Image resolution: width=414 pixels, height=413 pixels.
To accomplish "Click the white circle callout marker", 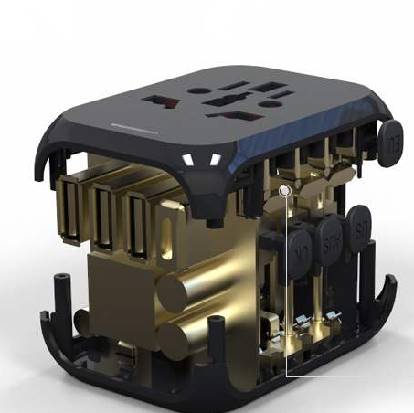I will point(285,191).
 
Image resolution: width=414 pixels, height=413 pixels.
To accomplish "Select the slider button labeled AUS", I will point(331,239).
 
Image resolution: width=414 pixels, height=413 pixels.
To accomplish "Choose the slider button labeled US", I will point(361,222).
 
